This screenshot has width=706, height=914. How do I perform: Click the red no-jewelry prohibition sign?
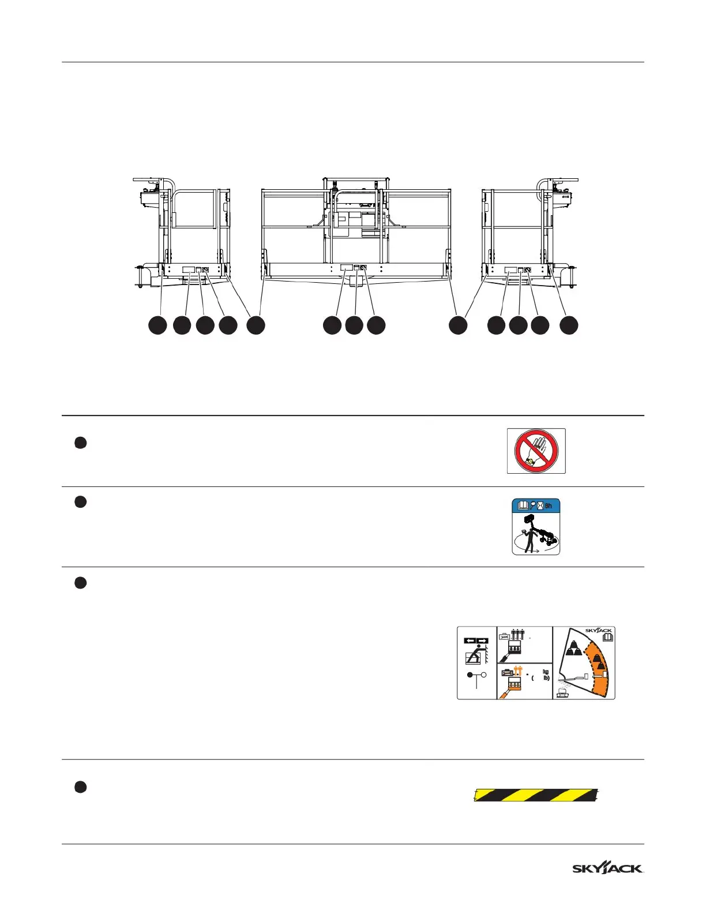(536, 451)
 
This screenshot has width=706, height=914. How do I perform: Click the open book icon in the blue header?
(523, 505)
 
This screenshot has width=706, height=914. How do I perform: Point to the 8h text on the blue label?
(548, 505)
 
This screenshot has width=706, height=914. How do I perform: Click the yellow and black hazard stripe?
(536, 795)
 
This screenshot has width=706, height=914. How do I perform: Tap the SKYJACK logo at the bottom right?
(607, 868)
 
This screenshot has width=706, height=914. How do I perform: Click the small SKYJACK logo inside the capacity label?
(598, 630)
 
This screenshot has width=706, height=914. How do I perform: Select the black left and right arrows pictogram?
(476, 640)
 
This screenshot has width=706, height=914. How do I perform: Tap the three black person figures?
(517, 634)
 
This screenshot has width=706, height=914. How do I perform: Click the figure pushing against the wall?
(475, 657)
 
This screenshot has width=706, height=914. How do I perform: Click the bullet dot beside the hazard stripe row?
(81, 787)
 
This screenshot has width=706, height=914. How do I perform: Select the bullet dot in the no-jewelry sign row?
(81, 443)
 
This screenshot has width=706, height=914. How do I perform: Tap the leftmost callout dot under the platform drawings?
(157, 325)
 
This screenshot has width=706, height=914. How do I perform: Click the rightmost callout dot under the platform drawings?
(569, 325)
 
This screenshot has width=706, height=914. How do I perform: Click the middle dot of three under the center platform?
(354, 325)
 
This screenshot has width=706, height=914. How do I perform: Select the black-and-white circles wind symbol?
(476, 675)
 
